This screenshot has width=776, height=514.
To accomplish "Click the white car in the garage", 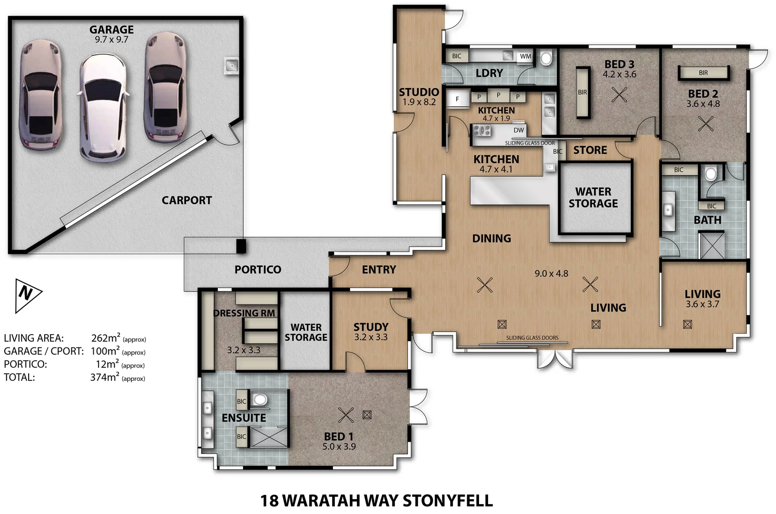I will pyautogui.click(x=103, y=109).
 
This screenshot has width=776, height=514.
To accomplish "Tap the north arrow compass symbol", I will pyautogui.click(x=28, y=295).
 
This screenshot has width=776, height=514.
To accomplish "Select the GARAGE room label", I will pyautogui.click(x=111, y=30).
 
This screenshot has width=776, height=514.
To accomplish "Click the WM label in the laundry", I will pyautogui.click(x=525, y=56).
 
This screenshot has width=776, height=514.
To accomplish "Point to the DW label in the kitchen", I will pyautogui.click(x=519, y=130).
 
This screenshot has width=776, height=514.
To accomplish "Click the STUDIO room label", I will pyautogui.click(x=419, y=92).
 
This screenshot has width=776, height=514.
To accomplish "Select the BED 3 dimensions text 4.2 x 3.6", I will pyautogui.click(x=619, y=74).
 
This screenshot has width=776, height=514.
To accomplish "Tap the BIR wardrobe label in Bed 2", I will pyautogui.click(x=703, y=73).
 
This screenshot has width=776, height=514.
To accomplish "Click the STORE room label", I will pyautogui.click(x=590, y=150).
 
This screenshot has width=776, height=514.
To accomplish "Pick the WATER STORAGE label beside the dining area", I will pyautogui.click(x=593, y=198).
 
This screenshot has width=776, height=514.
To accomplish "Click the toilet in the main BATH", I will pyautogui.click(x=710, y=174).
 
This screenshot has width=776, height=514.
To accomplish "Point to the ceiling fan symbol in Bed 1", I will pyautogui.click(x=346, y=415).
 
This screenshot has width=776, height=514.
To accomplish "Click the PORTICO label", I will pyautogui.click(x=257, y=269).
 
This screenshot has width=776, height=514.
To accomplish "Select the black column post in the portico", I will pyautogui.click(x=241, y=246).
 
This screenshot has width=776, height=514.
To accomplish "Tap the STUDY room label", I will pyautogui.click(x=371, y=327).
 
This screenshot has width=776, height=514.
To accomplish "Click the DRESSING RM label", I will pyautogui.click(x=245, y=313).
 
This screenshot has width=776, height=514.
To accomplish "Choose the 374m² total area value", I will pyautogui.click(x=105, y=377).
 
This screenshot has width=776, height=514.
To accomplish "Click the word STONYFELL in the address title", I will pyautogui.click(x=447, y=501).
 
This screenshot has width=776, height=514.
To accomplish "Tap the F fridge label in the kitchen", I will pyautogui.click(x=457, y=99).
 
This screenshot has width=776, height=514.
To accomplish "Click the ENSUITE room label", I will pyautogui.click(x=244, y=418).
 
